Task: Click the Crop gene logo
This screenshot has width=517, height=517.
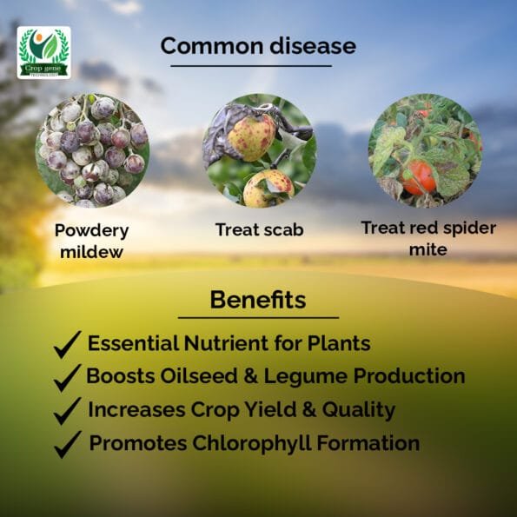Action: pyautogui.click(x=43, y=52)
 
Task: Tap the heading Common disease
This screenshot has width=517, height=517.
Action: pyautogui.click(x=258, y=45)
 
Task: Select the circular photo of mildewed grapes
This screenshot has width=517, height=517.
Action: pyautogui.click(x=93, y=150)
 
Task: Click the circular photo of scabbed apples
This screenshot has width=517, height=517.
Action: pyautogui.click(x=260, y=150)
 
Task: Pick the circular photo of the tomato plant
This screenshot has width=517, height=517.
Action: pyautogui.click(x=426, y=150)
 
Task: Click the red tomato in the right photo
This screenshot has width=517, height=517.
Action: pyautogui.click(x=419, y=178)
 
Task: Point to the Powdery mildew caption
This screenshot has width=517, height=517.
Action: pyautogui.click(x=91, y=241)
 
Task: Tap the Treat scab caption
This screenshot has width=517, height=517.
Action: pyautogui.click(x=260, y=229)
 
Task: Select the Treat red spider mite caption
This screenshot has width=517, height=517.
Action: pyautogui.click(x=428, y=238)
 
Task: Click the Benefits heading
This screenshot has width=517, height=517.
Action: pyautogui.click(x=258, y=300)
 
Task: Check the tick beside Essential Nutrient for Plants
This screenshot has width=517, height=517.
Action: pyautogui.click(x=67, y=345)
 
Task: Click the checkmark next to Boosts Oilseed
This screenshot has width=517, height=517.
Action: pyautogui.click(x=67, y=378)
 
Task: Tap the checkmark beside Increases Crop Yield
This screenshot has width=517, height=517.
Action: pyautogui.click(x=67, y=411)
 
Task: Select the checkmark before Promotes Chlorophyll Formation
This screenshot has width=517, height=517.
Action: pyautogui.click(x=68, y=444)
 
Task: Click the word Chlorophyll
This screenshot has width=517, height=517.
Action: pyautogui.click(x=252, y=443)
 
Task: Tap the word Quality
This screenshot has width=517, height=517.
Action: pyautogui.click(x=359, y=410)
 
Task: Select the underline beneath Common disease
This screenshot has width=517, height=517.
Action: pyautogui.click(x=251, y=66)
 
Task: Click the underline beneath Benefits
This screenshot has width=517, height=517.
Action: pyautogui.click(x=258, y=318)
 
